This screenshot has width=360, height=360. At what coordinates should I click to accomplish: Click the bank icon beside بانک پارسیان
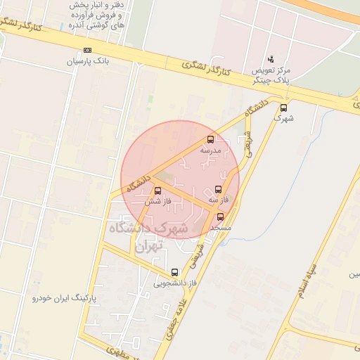(87, 50)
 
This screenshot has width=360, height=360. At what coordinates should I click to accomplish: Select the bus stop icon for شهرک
(283, 108)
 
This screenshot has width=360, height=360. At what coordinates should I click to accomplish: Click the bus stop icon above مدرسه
(211, 139)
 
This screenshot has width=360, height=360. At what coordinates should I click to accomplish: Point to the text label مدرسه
(211, 150)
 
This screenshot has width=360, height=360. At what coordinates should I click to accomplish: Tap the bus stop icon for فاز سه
(217, 189)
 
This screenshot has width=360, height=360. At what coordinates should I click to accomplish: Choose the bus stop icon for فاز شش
(156, 191)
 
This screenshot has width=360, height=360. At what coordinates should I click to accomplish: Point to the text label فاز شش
(153, 202)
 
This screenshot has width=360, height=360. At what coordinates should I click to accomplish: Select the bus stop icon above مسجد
(220, 217)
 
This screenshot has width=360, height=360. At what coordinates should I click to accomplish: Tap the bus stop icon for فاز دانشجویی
(174, 272)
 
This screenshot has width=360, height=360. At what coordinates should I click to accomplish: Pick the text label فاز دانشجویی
(172, 283)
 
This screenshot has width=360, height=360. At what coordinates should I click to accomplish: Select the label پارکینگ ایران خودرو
(63, 298)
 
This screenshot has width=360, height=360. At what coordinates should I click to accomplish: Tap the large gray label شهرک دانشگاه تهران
(148, 237)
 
